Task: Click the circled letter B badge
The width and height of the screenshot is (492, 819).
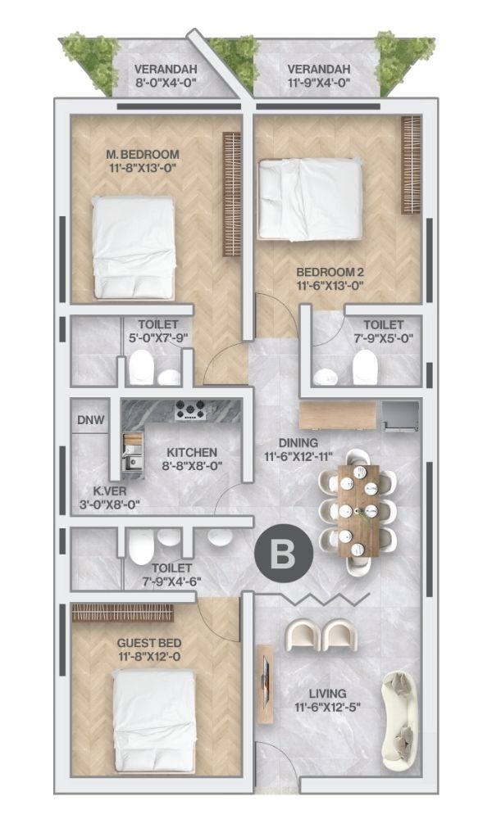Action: (x=284, y=553)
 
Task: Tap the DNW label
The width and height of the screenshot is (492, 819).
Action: (x=91, y=420)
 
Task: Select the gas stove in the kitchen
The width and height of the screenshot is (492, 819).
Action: (x=190, y=410)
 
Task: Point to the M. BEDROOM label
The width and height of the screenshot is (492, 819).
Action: (x=142, y=155)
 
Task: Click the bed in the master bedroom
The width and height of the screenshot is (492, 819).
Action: (x=133, y=247)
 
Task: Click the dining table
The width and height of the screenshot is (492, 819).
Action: (x=358, y=511)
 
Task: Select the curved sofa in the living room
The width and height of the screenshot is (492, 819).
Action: (x=400, y=720)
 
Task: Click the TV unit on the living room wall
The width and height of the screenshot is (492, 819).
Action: (x=266, y=684)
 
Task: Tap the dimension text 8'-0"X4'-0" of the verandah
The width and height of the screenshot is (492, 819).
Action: (x=166, y=83)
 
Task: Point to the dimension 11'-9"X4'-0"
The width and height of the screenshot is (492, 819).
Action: (x=318, y=83)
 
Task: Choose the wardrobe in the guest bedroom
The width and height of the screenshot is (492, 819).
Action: (x=122, y=613)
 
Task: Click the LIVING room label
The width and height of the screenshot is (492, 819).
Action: (x=327, y=694)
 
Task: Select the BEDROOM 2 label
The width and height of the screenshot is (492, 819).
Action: (x=330, y=272)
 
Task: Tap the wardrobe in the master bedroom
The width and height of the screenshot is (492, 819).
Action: (x=231, y=194)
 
